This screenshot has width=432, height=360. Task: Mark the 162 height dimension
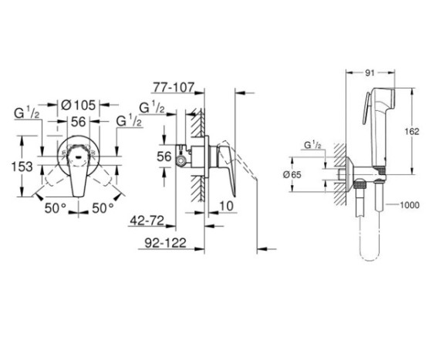click(x=413, y=130)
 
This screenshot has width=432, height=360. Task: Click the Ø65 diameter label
click(x=312, y=176)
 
